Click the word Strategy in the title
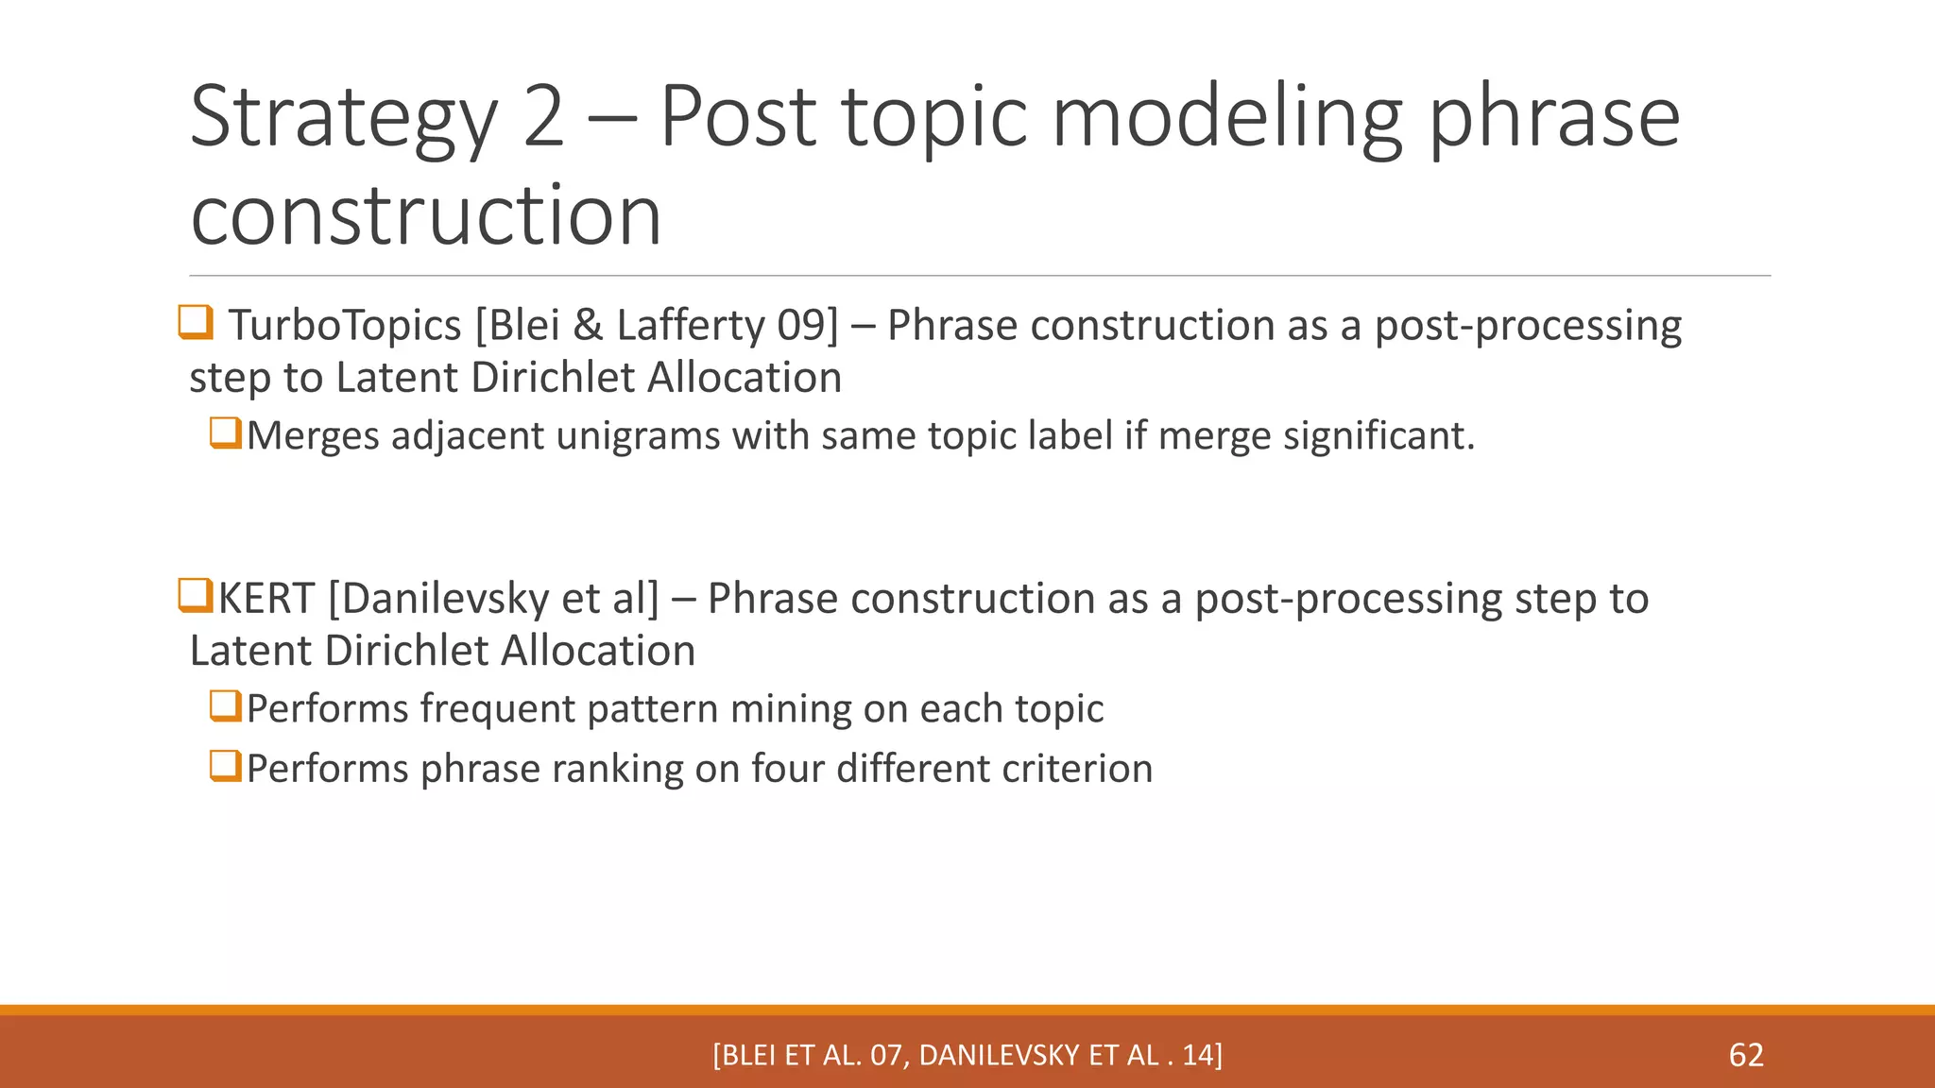pyautogui.click(x=343, y=119)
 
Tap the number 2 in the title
pyautogui.click(x=543, y=117)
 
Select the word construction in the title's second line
pyautogui.click(x=425, y=216)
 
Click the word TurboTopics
pyautogui.click(x=345, y=326)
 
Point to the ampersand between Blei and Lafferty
pyautogui.click(x=588, y=326)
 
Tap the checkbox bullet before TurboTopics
pyautogui.click(x=196, y=323)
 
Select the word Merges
pyautogui.click(x=314, y=436)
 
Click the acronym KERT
pyautogui.click(x=266, y=599)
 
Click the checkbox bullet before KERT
pyautogui.click(x=195, y=596)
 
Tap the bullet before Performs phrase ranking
pyautogui.click(x=226, y=766)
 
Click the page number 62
pyautogui.click(x=1746, y=1055)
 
